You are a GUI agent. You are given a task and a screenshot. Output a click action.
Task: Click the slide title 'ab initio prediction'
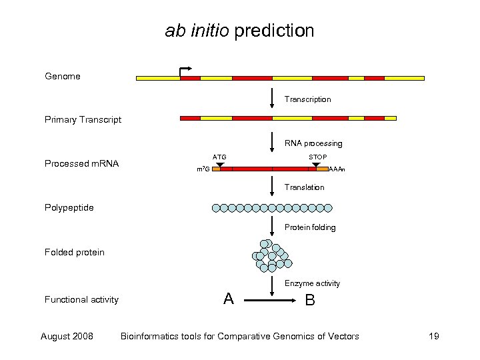(239, 31)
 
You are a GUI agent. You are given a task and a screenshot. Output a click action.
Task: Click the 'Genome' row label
(63, 77)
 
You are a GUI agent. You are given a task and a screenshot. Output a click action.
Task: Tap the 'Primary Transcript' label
(83, 120)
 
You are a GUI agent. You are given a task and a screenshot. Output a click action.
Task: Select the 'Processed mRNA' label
(81, 164)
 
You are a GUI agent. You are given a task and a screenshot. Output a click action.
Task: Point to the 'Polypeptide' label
(69, 207)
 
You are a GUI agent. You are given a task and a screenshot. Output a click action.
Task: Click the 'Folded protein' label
(74, 252)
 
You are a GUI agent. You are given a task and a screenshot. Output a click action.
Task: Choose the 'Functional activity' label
(81, 300)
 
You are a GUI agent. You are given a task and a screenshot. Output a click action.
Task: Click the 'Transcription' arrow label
(307, 99)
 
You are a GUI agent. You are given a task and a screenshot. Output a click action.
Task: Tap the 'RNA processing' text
(313, 143)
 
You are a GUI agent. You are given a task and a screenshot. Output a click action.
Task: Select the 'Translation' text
(304, 187)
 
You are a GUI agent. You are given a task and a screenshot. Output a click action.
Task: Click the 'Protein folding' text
(310, 227)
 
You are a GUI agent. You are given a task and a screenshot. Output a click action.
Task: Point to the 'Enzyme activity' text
(312, 283)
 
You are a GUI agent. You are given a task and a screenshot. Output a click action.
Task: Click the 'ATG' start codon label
(219, 157)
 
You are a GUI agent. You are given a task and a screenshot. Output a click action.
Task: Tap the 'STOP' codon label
(317, 157)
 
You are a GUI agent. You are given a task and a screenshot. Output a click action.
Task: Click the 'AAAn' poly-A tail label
(337, 170)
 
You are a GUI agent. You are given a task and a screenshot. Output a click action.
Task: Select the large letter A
(229, 299)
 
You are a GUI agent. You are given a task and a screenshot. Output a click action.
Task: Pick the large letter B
(310, 300)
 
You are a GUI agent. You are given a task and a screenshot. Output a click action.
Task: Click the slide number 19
(433, 336)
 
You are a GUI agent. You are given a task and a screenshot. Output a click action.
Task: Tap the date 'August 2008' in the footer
(67, 336)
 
